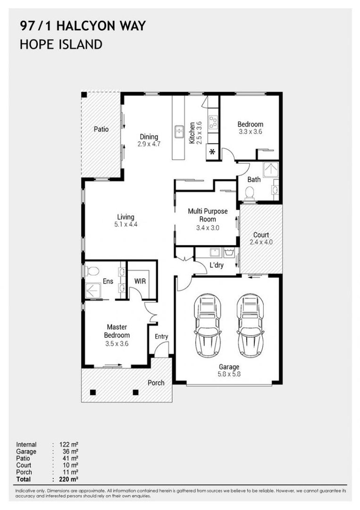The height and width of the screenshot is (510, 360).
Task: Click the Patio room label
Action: coord(101,129)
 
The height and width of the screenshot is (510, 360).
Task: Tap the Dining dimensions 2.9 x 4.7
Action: coord(149,144)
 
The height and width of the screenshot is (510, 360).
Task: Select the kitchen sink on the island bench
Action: coord(179,132)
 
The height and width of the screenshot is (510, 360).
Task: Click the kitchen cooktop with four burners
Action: coord(213,123)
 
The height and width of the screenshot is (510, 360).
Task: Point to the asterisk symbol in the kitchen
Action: coord(212,152)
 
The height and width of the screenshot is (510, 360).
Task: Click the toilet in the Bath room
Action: coord(249,193)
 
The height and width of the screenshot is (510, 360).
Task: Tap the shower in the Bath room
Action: coord(270,170)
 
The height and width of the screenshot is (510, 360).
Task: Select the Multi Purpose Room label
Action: coord(208,215)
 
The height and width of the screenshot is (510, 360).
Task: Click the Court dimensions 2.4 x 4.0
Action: coord(261,242)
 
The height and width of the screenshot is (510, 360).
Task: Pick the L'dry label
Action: coord(217,265)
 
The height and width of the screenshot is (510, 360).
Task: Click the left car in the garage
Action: coord(208,325)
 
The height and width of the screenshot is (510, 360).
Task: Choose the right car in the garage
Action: coord(251,325)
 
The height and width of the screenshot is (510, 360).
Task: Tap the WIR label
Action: coord(140,281)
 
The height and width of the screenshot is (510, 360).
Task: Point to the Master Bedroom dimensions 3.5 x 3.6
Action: coord(117,343)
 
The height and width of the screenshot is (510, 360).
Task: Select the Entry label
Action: coord(161,337)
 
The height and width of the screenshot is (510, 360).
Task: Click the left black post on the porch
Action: coord(93,392)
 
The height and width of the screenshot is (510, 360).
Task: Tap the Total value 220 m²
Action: coord(69,479)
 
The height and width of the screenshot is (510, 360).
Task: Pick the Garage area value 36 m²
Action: coord(70,451)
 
